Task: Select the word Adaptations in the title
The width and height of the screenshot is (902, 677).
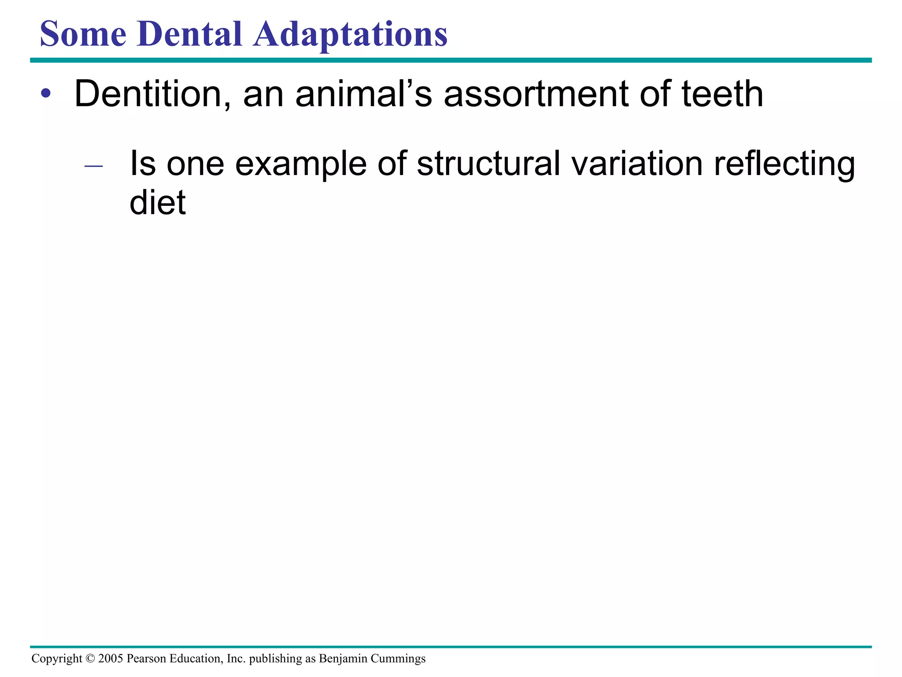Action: click(x=350, y=35)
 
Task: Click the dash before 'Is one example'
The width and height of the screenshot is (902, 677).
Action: click(x=93, y=166)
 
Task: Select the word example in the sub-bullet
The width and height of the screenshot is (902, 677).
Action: click(x=301, y=164)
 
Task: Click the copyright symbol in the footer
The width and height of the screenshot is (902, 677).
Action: click(x=90, y=658)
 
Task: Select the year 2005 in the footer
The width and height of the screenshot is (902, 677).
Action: click(x=111, y=658)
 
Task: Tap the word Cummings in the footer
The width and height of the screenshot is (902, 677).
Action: click(x=398, y=659)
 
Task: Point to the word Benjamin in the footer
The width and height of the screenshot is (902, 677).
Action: click(x=343, y=659)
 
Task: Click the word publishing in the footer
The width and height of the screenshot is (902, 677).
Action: click(x=276, y=659)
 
